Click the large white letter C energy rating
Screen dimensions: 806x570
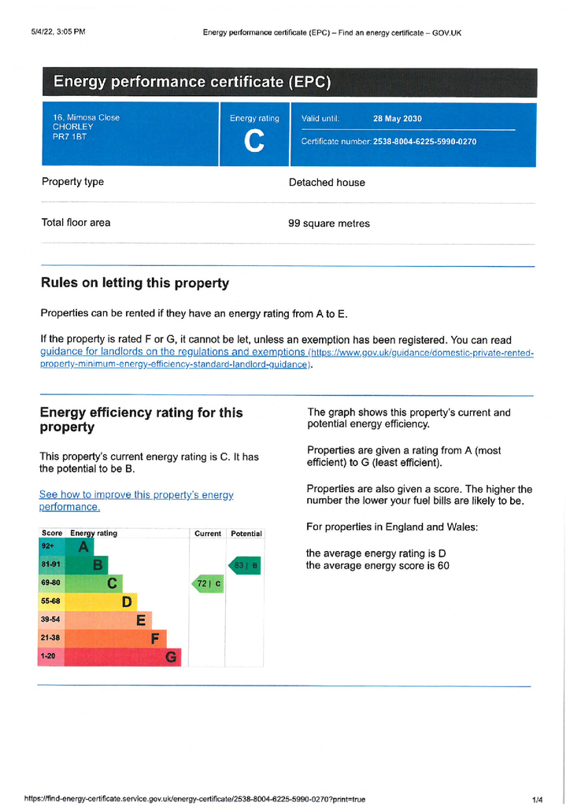point(254,142)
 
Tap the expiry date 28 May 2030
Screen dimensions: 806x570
point(397,119)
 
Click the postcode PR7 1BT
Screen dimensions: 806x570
point(69,137)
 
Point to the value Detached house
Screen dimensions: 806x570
point(327,183)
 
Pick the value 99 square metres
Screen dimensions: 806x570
point(328,224)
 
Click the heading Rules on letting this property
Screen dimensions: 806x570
point(135,283)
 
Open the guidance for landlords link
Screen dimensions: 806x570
point(172,353)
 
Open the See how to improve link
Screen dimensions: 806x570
point(136,501)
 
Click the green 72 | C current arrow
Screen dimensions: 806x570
point(209,584)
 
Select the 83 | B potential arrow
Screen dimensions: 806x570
point(245,565)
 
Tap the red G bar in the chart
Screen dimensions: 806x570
point(122,657)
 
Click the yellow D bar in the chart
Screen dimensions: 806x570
point(100,602)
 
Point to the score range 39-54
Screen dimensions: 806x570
point(50,620)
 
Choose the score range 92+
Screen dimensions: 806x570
point(49,546)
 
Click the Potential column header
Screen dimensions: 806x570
point(246,534)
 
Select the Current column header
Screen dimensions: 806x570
point(208,534)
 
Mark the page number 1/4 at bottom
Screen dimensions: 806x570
point(538,800)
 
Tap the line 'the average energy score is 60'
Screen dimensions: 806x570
point(377,566)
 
